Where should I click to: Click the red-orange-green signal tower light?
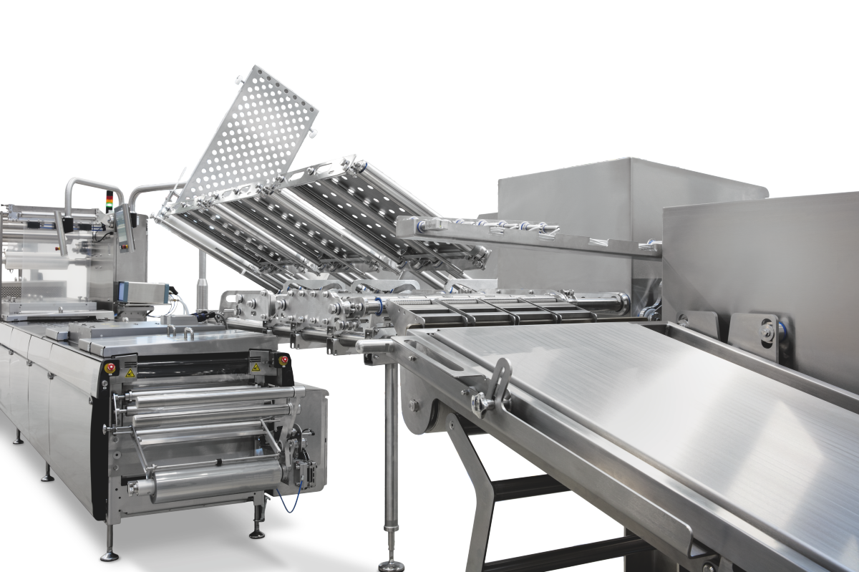coord(110,200)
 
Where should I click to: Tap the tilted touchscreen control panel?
coord(125,228)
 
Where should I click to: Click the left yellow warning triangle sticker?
coord(130,373)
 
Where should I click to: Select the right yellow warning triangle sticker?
coord(254,367)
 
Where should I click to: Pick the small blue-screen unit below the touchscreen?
coord(142,291)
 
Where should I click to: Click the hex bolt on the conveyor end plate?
coord(414,404)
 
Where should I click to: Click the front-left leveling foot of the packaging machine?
coord(109,553)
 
